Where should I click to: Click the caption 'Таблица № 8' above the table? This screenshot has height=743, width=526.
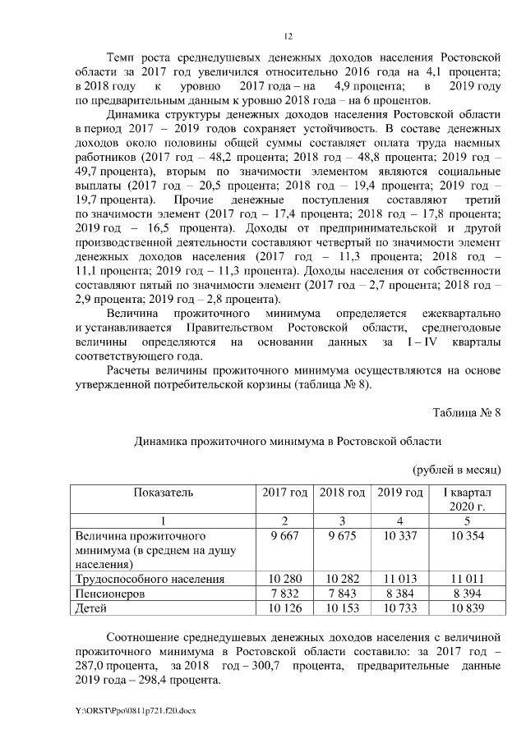click(x=466, y=411)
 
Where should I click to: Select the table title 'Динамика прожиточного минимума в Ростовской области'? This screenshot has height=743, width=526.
click(x=288, y=441)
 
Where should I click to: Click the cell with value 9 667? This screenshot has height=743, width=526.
click(x=284, y=535)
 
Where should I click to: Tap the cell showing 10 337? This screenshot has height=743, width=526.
click(x=399, y=535)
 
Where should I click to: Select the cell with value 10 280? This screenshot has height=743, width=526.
click(x=284, y=580)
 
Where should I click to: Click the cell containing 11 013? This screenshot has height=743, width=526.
click(x=399, y=580)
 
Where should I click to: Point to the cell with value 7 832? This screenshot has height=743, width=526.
click(x=284, y=594)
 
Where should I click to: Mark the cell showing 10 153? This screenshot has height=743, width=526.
click(x=342, y=609)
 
